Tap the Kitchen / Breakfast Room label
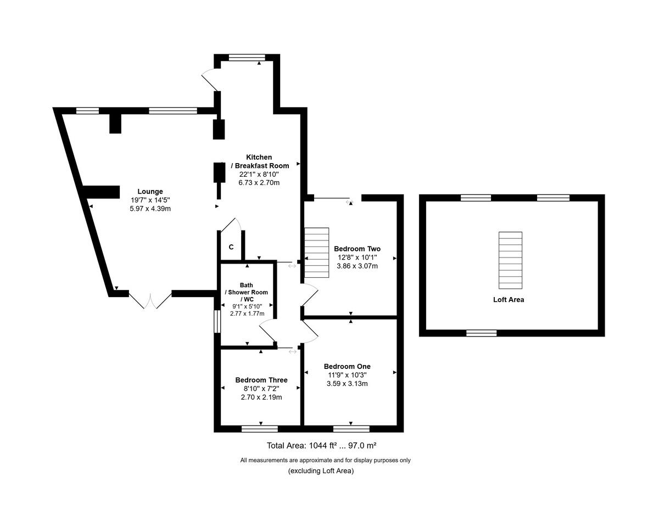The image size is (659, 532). [259, 161]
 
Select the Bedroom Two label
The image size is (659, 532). [357, 249]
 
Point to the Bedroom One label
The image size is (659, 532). [347, 366]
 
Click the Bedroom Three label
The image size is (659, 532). [261, 380]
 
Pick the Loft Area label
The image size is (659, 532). [508, 300]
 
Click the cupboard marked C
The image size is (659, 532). [231, 247]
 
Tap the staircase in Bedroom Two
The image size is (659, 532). [317, 253]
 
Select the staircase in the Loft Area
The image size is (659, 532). [510, 260]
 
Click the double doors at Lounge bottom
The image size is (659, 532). [149, 300]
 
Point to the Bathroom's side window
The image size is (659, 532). [217, 321]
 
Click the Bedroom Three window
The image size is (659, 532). [260, 429]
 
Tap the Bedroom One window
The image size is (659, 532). [351, 429]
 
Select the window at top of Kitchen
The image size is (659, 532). [247, 57]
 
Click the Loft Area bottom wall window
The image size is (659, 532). [481, 333]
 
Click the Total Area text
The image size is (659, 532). [321, 446]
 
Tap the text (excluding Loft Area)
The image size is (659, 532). [321, 471]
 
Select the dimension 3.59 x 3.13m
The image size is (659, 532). [347, 383]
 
